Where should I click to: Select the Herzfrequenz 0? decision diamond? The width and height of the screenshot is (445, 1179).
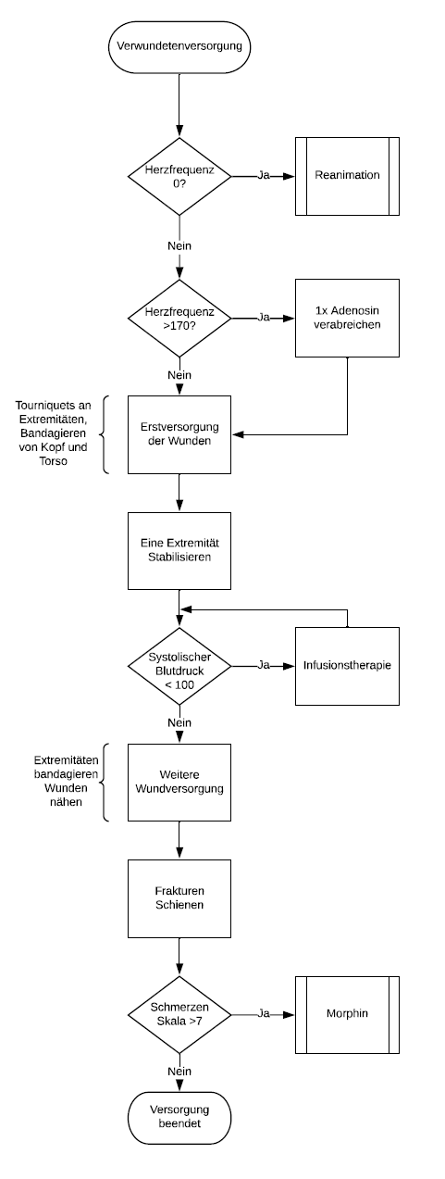point(179,176)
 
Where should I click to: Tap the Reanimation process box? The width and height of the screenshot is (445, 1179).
point(347,176)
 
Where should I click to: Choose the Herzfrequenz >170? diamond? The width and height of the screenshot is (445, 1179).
point(179,318)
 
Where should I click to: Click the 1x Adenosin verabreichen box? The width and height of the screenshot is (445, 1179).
point(347,318)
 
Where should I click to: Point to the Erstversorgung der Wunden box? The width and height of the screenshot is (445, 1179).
point(179,433)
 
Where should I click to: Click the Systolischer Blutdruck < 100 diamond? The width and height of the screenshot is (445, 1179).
point(179,665)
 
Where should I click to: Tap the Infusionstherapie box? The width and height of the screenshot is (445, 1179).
point(347,665)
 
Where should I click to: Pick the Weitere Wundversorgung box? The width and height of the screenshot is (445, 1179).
point(179,783)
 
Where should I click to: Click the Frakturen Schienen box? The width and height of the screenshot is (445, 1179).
point(179,898)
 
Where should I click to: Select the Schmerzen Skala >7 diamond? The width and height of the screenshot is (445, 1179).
point(179,1014)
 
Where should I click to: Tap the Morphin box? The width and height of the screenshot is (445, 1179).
point(347,1014)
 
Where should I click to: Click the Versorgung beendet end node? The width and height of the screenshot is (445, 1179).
point(179,1117)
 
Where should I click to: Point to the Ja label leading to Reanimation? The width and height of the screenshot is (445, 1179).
point(264,176)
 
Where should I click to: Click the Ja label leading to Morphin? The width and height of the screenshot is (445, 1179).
point(264,1014)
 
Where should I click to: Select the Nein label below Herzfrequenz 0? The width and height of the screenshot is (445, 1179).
point(179,246)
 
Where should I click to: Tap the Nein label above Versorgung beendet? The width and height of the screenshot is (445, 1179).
point(179,1071)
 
